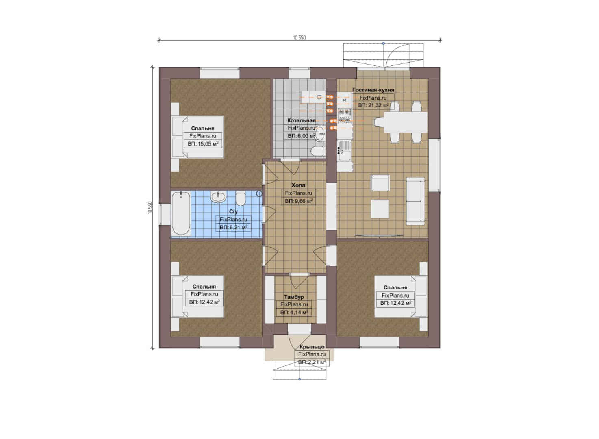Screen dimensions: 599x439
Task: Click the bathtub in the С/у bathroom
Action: pyautogui.click(x=181, y=213)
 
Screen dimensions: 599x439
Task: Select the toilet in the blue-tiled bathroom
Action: pyautogui.click(x=241, y=198)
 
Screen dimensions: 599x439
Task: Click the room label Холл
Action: pyautogui.click(x=298, y=185)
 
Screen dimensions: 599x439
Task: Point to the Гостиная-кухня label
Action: pyautogui.click(x=373, y=90)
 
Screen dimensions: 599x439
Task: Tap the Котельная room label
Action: pyautogui.click(x=302, y=120)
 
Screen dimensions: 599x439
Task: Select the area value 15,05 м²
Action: pyautogui.click(x=207, y=143)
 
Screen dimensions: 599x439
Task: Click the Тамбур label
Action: pyautogui.click(x=294, y=297)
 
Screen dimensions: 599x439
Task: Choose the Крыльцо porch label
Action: pyautogui.click(x=312, y=347)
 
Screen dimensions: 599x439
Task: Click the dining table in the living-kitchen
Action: pyautogui.click(x=406, y=122)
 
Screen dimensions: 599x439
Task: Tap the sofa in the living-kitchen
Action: pyautogui.click(x=415, y=201)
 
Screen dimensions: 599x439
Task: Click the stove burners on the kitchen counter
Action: pyautogui.click(x=345, y=115)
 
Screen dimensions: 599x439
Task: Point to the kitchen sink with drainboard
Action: pyautogui.click(x=345, y=151)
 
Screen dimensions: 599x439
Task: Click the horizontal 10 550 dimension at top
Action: pyautogui.click(x=299, y=38)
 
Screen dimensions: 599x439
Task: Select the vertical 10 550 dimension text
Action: pyautogui.click(x=150, y=207)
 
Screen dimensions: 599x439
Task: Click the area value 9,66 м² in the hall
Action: pyautogui.click(x=302, y=201)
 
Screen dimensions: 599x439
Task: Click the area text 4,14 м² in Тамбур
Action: pyautogui.click(x=297, y=312)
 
